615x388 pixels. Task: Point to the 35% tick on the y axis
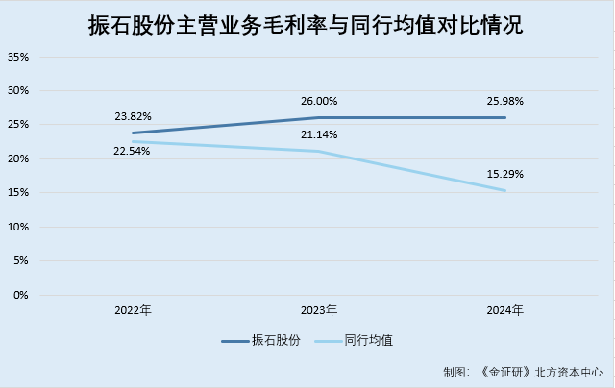[19, 57]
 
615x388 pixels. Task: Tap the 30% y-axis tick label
[19, 91]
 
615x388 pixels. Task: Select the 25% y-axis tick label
[19, 125]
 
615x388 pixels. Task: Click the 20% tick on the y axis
[19, 158]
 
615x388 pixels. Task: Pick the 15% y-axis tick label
[19, 193]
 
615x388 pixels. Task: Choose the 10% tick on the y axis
[19, 227]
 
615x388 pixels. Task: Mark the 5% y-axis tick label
[22, 260]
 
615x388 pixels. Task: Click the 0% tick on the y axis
[22, 295]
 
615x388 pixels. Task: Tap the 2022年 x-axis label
[133, 310]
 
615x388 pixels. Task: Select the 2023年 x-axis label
[319, 310]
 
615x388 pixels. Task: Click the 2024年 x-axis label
[505, 310]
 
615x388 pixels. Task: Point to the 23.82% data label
[133, 116]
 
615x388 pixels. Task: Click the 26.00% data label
[319, 101]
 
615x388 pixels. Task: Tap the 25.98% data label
[505, 101]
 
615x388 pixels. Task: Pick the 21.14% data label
[319, 134]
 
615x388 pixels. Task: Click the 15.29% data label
[505, 174]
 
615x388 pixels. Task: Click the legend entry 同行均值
[368, 341]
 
